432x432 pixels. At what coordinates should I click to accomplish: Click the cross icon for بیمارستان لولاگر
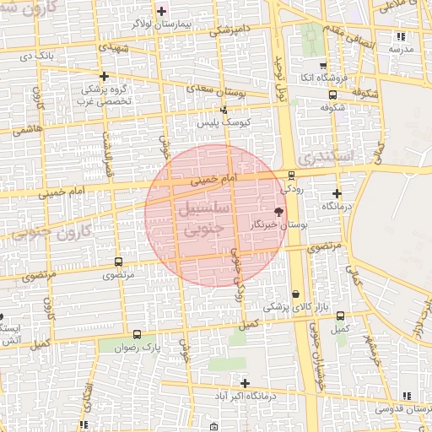click(162, 11)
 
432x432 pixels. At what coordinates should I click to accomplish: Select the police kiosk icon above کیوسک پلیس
click(224, 110)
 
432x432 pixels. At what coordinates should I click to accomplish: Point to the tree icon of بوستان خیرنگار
click(280, 211)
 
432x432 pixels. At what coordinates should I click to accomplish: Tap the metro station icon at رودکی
click(292, 175)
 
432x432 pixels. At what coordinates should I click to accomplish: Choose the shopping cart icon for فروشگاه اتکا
click(323, 66)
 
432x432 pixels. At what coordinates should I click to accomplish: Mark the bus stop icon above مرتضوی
click(117, 262)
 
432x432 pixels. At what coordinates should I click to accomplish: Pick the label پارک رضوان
click(138, 347)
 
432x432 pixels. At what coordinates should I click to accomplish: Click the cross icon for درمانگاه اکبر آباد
click(245, 383)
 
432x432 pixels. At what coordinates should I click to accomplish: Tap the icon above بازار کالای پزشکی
click(294, 294)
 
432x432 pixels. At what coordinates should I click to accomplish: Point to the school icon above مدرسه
click(401, 36)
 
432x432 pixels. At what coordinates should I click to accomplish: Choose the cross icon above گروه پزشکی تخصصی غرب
click(104, 76)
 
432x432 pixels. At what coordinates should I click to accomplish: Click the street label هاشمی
click(26, 131)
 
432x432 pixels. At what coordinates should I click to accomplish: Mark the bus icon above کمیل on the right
click(341, 316)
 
